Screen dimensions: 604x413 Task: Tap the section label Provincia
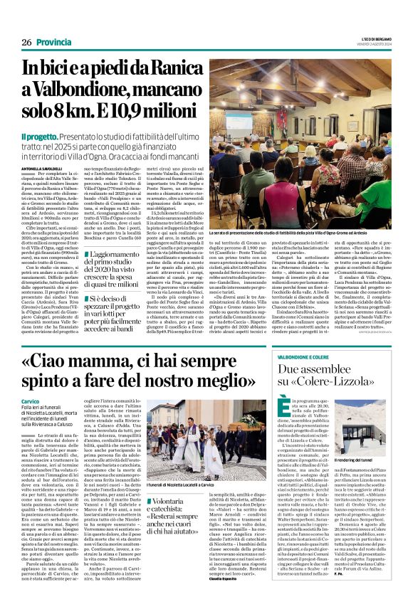pyautogui.click(x=59, y=22)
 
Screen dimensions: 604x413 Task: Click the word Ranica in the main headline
pyautogui.click(x=174, y=67)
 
